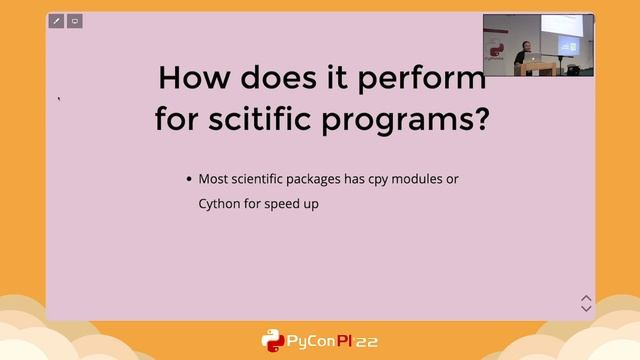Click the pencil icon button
(x=57, y=20)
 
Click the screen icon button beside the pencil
(x=75, y=20)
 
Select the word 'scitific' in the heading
(x=270, y=119)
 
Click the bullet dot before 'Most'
(x=189, y=180)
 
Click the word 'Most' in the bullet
(x=215, y=180)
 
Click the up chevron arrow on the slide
(x=586, y=298)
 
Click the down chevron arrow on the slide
(x=586, y=309)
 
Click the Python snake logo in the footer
(x=272, y=341)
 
